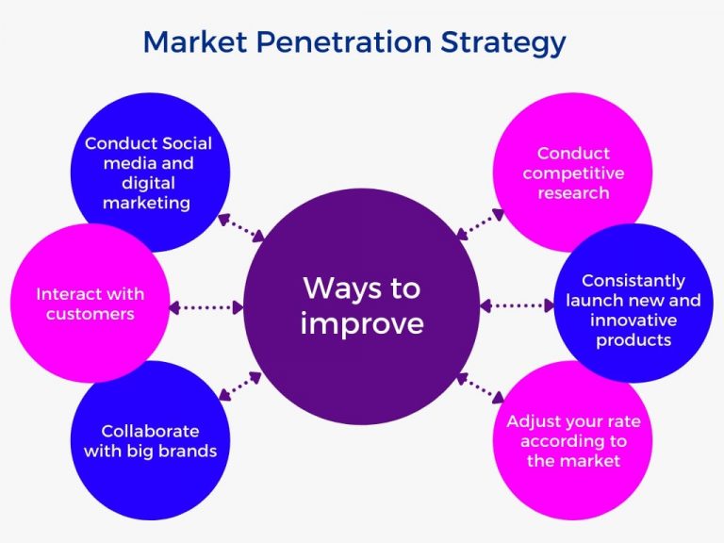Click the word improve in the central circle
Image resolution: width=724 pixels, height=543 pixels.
click(362, 323)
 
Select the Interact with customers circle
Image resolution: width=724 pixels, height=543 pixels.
click(89, 304)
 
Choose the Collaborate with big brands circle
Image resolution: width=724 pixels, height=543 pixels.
click(150, 440)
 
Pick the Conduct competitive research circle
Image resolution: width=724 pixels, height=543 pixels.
click(573, 173)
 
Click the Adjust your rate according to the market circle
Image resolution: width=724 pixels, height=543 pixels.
click(574, 440)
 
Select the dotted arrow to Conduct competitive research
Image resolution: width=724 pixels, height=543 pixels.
click(480, 223)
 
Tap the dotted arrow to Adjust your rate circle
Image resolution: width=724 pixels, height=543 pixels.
click(480, 387)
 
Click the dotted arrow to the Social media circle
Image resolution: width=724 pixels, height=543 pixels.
click(240, 226)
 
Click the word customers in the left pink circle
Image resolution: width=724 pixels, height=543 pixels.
click(89, 314)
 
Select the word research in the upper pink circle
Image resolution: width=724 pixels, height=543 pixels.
click(573, 192)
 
